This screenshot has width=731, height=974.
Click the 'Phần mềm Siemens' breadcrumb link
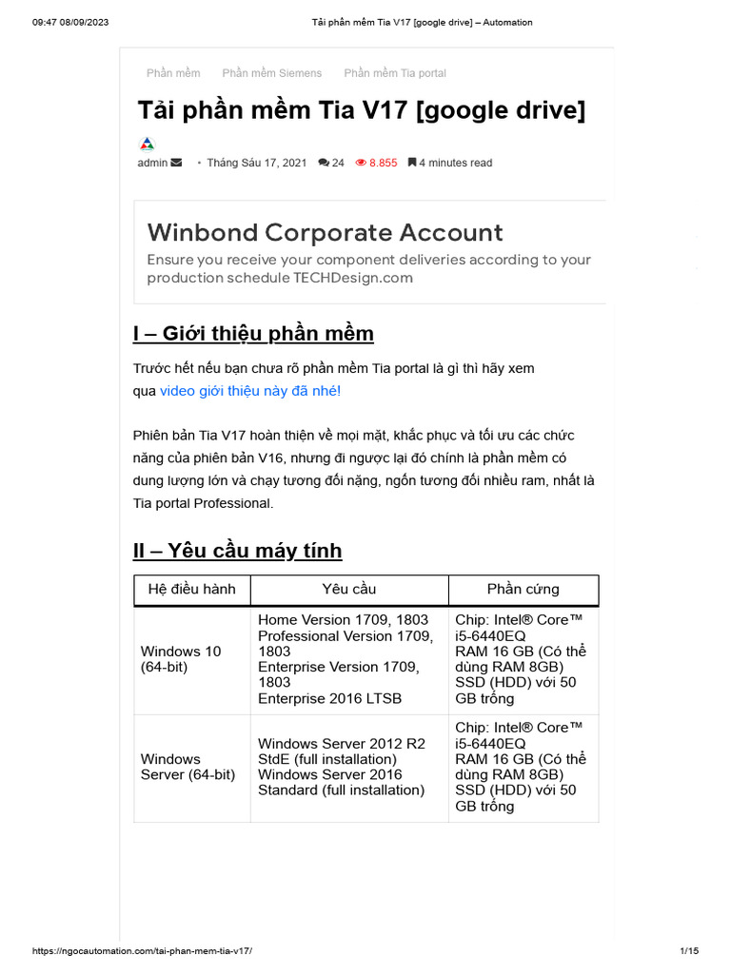click(x=271, y=73)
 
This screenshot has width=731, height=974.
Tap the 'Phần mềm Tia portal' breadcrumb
click(x=394, y=73)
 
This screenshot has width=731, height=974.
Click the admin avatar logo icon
click(x=147, y=145)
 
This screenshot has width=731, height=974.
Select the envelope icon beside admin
click(x=176, y=163)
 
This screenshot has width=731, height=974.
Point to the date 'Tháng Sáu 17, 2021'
click(x=256, y=163)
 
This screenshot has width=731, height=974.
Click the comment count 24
click(x=331, y=163)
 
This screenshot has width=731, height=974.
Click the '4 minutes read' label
click(x=450, y=163)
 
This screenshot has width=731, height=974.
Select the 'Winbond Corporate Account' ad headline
click(x=325, y=232)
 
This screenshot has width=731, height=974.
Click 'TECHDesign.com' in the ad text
click(x=353, y=278)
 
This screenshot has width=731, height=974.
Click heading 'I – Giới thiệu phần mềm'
click(x=253, y=333)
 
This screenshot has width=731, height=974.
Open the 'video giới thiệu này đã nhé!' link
click(x=249, y=391)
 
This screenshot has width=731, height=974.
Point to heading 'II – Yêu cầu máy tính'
click(x=237, y=551)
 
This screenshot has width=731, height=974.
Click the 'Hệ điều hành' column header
click(x=191, y=590)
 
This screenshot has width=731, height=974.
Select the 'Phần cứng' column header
click(x=523, y=590)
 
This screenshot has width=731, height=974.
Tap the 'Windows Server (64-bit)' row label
click(x=188, y=767)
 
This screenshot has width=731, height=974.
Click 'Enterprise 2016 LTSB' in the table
click(x=329, y=698)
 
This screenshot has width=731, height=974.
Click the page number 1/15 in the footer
click(x=689, y=951)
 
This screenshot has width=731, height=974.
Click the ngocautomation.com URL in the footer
click(x=142, y=951)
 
